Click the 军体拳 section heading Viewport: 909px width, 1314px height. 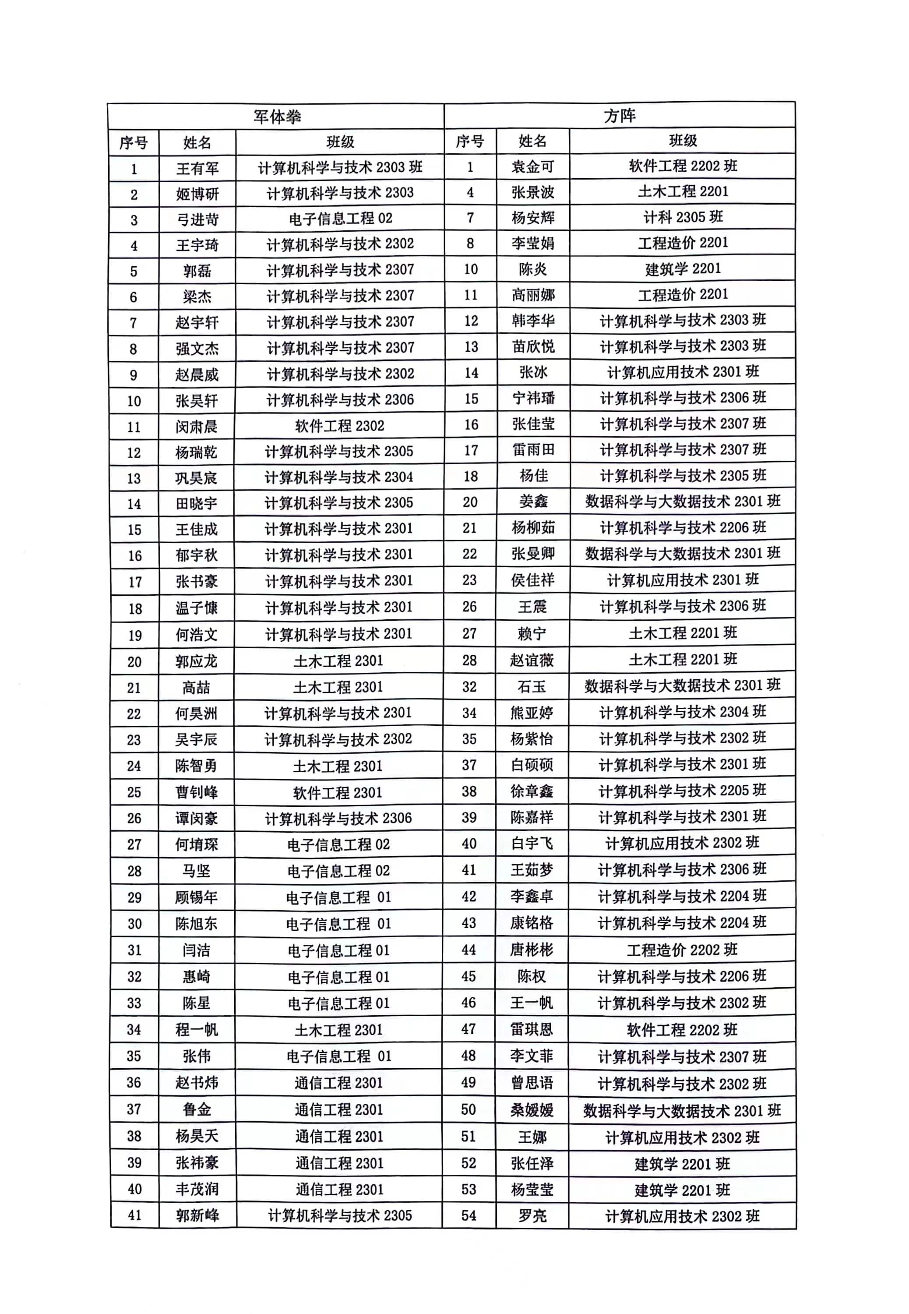coord(277,117)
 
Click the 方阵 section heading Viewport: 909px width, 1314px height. coord(619,116)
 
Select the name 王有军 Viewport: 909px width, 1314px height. coord(197,168)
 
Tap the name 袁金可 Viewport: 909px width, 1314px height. coord(532,166)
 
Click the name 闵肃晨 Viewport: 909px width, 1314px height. coord(197,427)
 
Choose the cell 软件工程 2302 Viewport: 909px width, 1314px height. coord(339,426)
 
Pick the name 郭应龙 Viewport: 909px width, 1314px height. coord(197,661)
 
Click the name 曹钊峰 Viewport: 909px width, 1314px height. coord(197,792)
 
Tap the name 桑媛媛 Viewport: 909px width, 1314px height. coord(532,1110)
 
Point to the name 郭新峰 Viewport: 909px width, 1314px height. coord(197,1216)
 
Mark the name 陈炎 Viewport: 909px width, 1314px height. coord(532,269)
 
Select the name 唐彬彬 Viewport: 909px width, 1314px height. coord(532,950)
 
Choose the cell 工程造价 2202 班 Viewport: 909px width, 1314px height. coord(682,950)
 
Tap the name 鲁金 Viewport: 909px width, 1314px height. coord(197,1109)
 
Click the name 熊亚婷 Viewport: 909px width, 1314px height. coord(532,713)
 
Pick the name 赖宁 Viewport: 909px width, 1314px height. coord(532,633)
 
